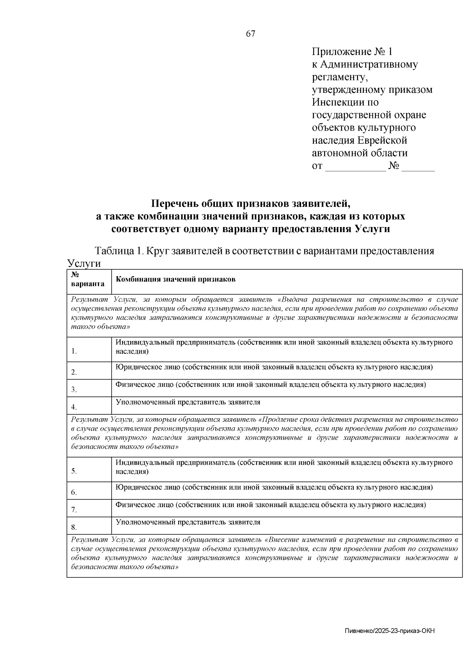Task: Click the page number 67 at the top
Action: (250, 34)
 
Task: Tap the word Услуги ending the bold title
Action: (372, 229)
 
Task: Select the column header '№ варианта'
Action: (88, 279)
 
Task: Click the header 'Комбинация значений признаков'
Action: (175, 280)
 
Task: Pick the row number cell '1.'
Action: (74, 351)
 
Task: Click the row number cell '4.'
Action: (74, 407)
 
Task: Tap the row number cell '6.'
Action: (74, 492)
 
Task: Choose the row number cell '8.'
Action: (74, 527)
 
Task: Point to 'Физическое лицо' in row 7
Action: (145, 505)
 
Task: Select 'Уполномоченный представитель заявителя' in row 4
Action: (188, 402)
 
